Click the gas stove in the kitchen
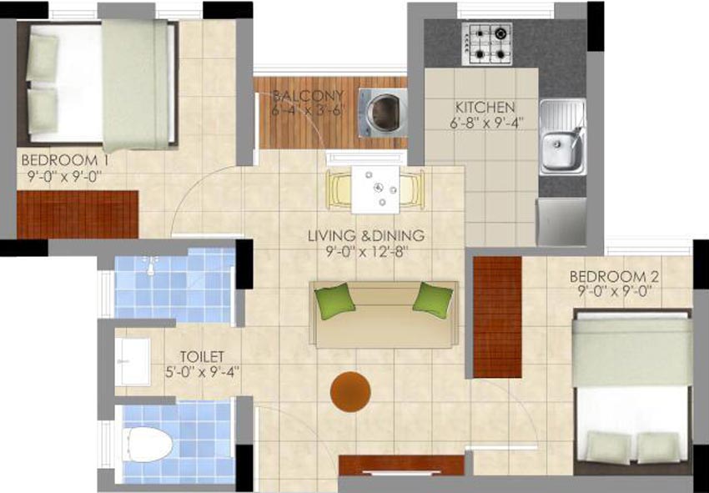487,44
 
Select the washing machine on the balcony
383,113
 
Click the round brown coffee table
350,392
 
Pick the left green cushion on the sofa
334,300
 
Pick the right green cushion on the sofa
433,299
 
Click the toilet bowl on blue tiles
148,445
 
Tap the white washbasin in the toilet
133,362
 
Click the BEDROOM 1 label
65,160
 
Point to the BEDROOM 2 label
614,276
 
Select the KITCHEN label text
485,108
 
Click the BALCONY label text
309,96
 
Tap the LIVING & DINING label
366,235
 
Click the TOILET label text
202,356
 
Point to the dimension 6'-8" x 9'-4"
486,123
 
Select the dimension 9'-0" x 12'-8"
367,251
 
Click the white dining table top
375,189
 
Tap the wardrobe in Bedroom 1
78,214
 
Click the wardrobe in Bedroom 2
497,317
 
